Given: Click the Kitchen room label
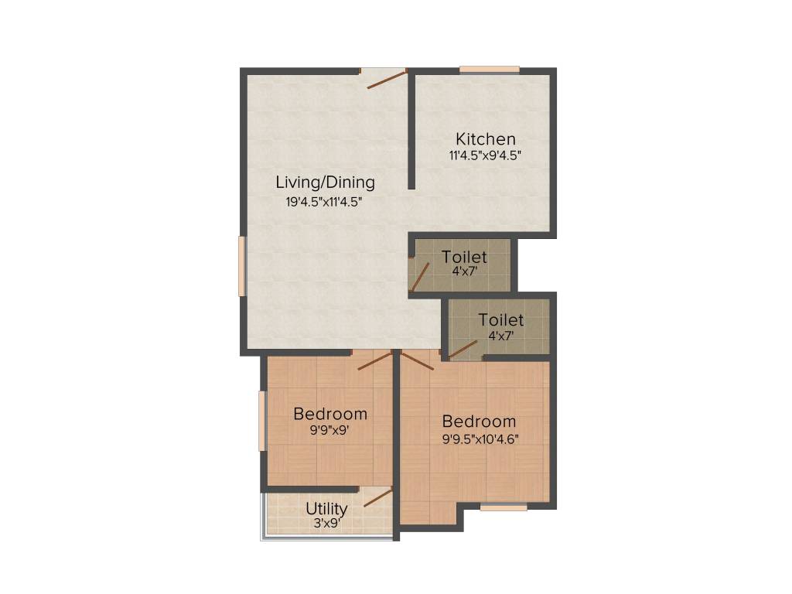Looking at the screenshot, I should click(x=485, y=139).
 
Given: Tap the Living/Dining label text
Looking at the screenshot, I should click(x=325, y=183).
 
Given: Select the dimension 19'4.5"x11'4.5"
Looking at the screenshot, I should click(x=324, y=203).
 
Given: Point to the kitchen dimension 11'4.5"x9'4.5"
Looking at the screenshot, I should click(x=485, y=155).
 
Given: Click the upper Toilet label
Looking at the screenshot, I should click(x=464, y=257).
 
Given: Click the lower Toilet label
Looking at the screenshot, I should click(x=500, y=319).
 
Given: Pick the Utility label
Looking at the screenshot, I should click(x=326, y=509).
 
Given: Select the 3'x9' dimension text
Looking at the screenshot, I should click(x=326, y=524).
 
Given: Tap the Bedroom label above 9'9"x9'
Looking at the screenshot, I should click(x=329, y=414).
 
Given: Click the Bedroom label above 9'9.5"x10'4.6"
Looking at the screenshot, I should click(x=479, y=422).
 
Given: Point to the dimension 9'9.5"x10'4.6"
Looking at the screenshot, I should click(x=480, y=439).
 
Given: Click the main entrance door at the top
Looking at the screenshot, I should click(x=386, y=78).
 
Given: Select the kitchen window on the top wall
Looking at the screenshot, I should click(x=489, y=70).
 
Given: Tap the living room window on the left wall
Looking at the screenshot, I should click(x=241, y=266).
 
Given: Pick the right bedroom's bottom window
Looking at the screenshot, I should click(x=504, y=507).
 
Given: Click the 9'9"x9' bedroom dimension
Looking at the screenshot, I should click(x=329, y=430).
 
